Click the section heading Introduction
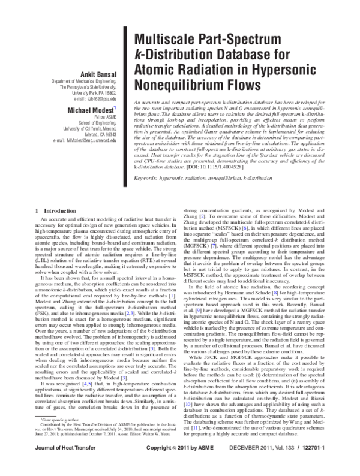(55, 210)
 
